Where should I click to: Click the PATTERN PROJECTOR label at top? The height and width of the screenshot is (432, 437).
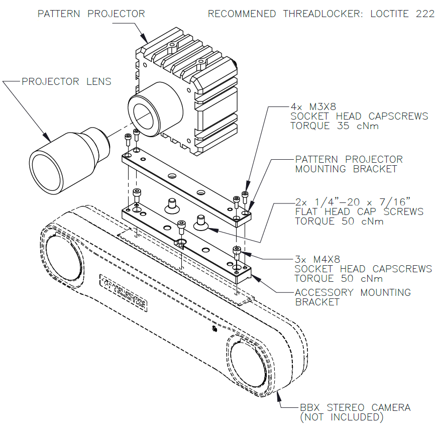(91, 14)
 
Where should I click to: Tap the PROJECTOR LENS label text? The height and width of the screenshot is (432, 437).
(66, 81)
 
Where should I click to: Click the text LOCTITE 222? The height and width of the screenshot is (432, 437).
(402, 14)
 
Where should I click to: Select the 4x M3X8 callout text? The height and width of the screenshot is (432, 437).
(314, 106)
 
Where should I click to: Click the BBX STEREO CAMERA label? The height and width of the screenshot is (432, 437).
(355, 407)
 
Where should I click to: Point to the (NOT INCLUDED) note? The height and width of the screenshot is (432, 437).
(342, 417)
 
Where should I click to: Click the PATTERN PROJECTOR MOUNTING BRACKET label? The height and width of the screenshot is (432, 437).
(349, 164)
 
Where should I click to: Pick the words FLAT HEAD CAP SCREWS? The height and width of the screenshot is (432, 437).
(359, 212)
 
